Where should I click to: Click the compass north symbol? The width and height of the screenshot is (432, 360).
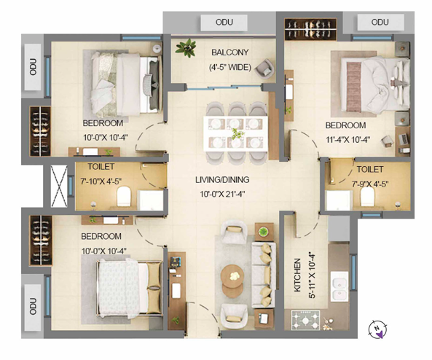click(x=377, y=329)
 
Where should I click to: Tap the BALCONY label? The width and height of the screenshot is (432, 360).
click(x=229, y=52)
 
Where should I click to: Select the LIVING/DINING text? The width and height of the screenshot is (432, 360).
click(x=222, y=180)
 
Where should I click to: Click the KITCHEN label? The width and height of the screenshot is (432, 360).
click(x=297, y=275)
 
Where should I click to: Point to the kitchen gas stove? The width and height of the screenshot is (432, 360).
click(x=305, y=319)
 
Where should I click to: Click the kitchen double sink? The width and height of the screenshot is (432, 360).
click(x=339, y=286)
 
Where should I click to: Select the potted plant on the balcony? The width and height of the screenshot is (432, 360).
click(x=186, y=47)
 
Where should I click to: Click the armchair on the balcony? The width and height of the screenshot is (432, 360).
click(x=264, y=69)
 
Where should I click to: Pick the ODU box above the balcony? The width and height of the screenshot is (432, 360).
click(x=224, y=23)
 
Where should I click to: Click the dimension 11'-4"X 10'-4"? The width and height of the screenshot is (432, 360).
click(x=347, y=140)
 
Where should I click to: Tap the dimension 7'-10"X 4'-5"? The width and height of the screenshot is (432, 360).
click(x=101, y=181)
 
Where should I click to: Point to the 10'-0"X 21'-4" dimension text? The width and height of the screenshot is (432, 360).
click(x=222, y=194)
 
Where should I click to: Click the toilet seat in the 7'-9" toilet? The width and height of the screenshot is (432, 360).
click(x=367, y=196)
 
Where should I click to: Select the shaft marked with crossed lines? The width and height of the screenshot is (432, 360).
click(x=59, y=186)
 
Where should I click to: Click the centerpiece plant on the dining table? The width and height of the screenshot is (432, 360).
click(x=237, y=133)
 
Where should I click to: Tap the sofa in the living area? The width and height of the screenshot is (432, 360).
click(x=264, y=275)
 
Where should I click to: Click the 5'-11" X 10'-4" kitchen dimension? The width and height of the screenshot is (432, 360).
click(x=313, y=275)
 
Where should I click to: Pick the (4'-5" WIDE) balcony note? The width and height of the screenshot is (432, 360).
click(x=230, y=67)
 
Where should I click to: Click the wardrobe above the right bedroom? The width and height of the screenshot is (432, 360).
click(x=310, y=29)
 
